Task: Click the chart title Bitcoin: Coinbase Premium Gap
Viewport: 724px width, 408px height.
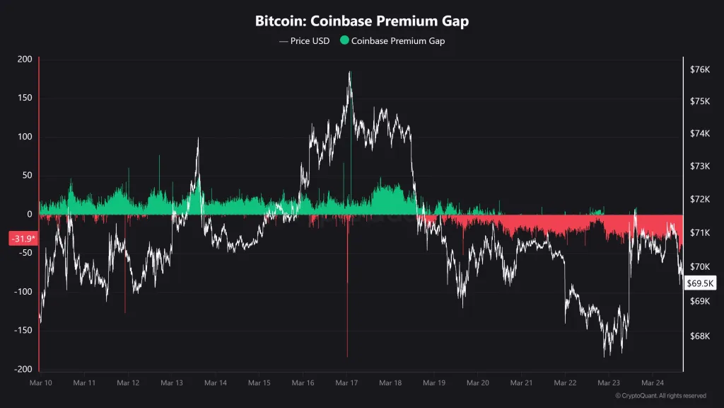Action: (x=361, y=21)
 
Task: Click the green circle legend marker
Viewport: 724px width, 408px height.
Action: (x=344, y=41)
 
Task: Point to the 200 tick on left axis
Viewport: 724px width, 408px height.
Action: (x=25, y=59)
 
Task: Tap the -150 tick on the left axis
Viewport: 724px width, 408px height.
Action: (x=23, y=331)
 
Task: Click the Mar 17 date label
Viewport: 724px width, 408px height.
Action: (x=346, y=383)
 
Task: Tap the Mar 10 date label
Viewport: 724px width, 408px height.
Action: (x=40, y=383)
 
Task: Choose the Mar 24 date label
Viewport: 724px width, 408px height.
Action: (x=653, y=383)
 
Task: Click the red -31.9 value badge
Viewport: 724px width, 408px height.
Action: (x=21, y=239)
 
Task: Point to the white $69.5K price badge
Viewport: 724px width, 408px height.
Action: (x=701, y=283)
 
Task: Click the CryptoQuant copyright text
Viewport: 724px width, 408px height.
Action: (x=660, y=396)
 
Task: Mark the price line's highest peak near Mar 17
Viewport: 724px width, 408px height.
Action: (x=349, y=72)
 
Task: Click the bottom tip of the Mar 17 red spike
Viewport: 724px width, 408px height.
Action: (x=347, y=356)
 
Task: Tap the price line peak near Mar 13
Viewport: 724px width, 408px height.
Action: (x=198, y=139)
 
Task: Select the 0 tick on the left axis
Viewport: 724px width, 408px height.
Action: (x=30, y=215)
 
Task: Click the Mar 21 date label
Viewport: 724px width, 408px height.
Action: (x=521, y=383)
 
